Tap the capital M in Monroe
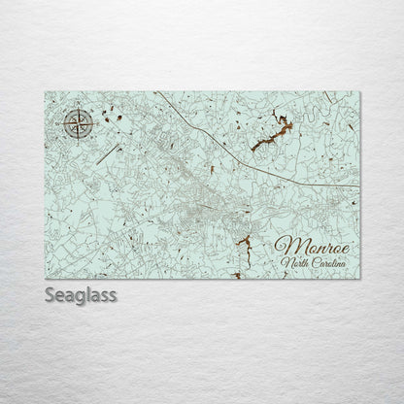[286, 246]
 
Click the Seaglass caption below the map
[81, 295]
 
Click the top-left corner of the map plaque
[45, 92]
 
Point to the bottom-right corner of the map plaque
[359, 278]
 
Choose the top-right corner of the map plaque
[359, 92]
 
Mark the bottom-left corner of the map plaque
[45, 278]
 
